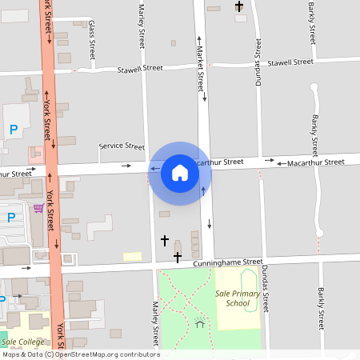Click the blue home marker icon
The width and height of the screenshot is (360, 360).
tap(179, 173)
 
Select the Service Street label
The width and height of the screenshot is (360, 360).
tap(122, 146)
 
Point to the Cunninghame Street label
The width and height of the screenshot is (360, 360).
tap(226, 262)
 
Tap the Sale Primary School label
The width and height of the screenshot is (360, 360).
tap(238, 298)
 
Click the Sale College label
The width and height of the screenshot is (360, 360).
tap(22, 342)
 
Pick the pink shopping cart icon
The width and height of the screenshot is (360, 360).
tap(38, 209)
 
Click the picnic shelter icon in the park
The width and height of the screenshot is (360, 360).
tap(199, 322)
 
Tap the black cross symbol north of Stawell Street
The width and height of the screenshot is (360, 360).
tap(238, 7)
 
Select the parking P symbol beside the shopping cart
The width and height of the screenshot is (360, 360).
tap(12, 217)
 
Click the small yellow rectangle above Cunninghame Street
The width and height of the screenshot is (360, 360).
tap(132, 257)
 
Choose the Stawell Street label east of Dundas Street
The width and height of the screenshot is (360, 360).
tap(290, 62)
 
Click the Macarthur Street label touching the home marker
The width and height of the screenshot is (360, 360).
tap(218, 162)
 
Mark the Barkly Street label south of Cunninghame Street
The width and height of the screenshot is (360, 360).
tap(320, 308)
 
